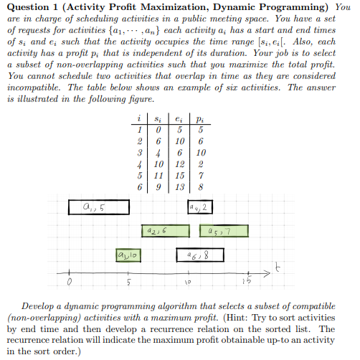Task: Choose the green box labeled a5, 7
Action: coord(223,231)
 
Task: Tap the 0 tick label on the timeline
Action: coord(69,283)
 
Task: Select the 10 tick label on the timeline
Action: coord(185,283)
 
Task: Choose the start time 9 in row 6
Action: coord(157,187)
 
